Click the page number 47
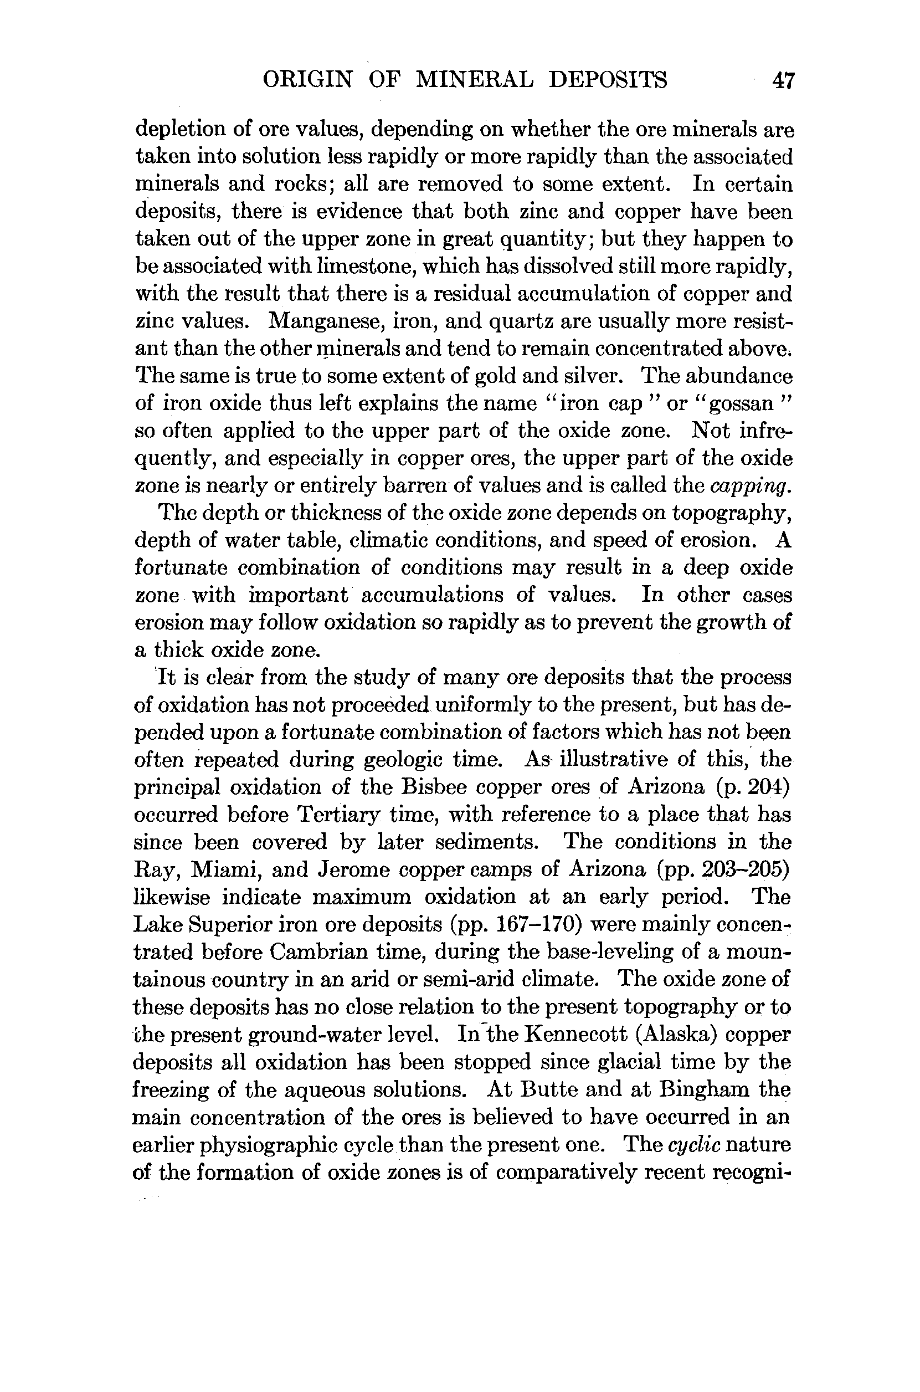coord(783,80)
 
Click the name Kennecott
coord(575,1034)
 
